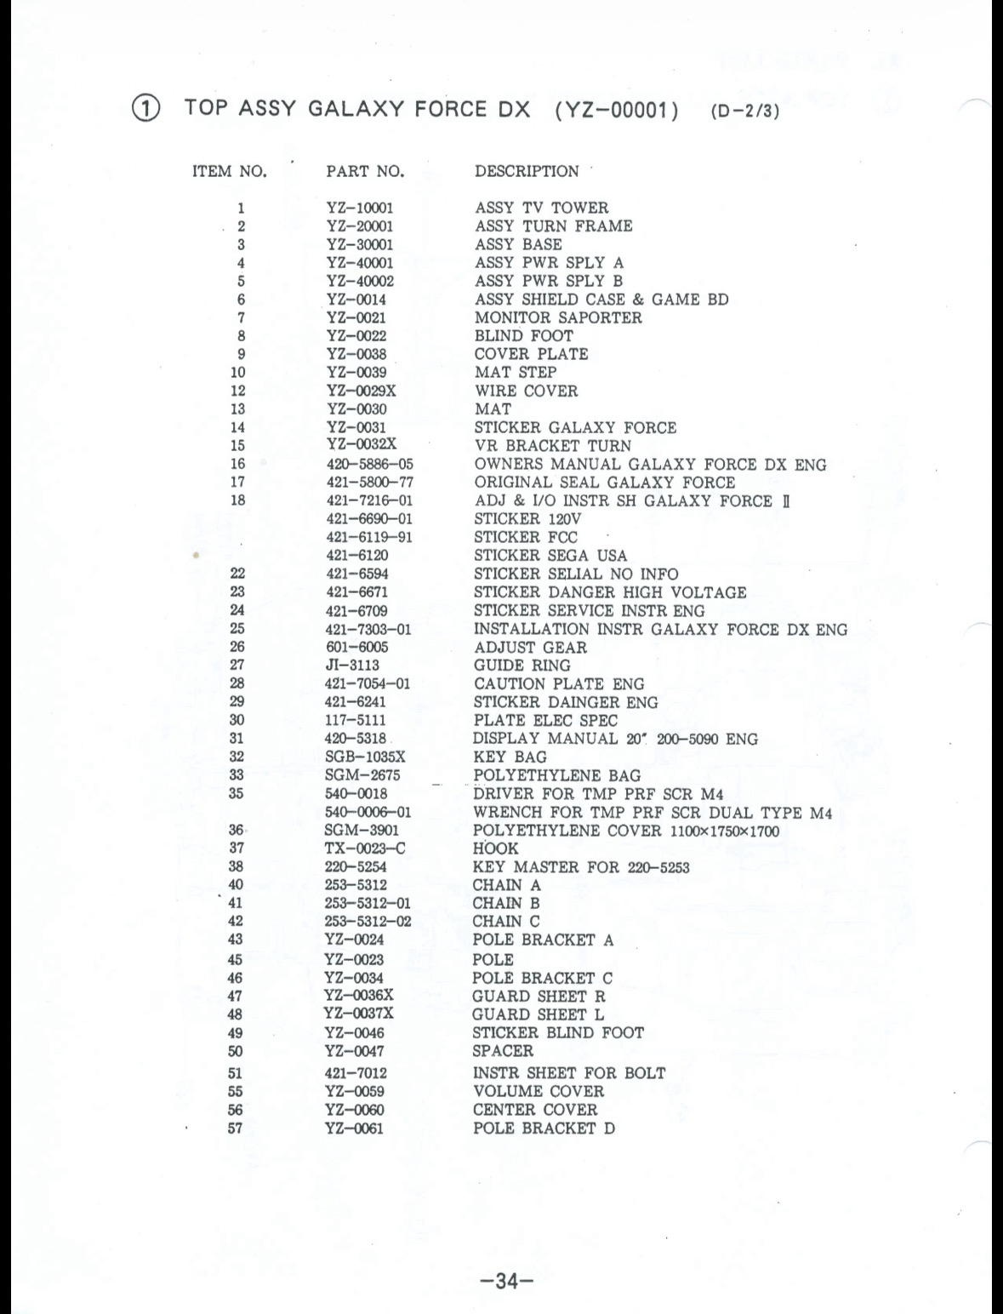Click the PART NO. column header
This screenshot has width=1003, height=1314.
pos(365,171)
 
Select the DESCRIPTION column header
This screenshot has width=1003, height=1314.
pos(527,171)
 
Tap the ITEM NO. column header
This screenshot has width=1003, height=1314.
pos(230,171)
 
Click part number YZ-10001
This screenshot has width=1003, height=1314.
pos(360,209)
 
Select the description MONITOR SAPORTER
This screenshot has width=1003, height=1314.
pos(558,318)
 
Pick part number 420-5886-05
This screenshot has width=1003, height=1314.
pos(370,465)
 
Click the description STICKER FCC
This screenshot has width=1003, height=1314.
pos(526,538)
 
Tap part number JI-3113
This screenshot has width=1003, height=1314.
pos(352,666)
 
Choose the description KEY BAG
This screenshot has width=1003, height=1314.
pos(510,757)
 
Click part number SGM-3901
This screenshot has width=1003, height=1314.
pos(362,831)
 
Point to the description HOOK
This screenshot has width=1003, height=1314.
pos(495,848)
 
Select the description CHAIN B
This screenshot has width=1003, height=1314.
pos(506,904)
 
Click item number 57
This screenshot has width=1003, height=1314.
pos(236,1129)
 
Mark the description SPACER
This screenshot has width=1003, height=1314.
pos(503,1051)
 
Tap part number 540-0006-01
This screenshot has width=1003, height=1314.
pos(368,813)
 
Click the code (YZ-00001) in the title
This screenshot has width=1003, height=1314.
pos(615,111)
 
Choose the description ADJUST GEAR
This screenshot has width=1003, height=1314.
pos(530,648)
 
